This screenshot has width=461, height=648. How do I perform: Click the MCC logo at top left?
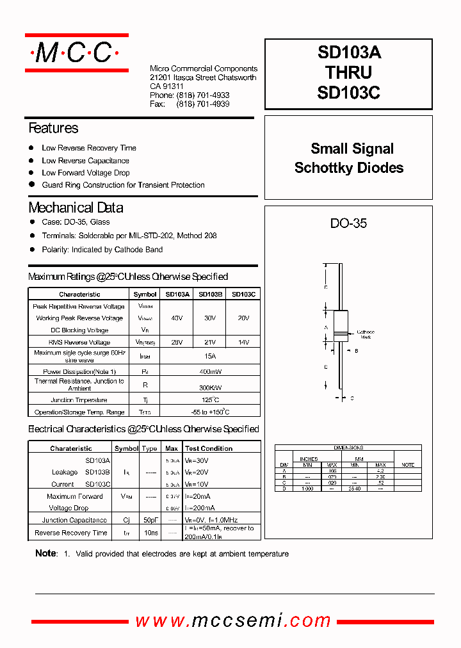[x=76, y=53]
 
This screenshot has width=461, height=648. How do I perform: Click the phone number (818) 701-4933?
[x=202, y=95]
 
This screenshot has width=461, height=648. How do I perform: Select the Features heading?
[x=53, y=128]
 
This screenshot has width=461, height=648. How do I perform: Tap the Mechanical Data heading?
[x=76, y=207]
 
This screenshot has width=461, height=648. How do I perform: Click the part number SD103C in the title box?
[x=348, y=93]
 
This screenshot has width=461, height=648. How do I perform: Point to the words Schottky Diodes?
[x=349, y=168]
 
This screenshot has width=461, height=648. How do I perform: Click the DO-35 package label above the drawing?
[x=348, y=223]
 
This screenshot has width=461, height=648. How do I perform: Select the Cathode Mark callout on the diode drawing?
[x=365, y=334]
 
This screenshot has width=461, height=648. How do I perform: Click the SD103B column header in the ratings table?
[x=210, y=295]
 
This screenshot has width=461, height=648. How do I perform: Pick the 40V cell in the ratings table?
[x=177, y=318]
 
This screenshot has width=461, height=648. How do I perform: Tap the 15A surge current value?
[x=210, y=356]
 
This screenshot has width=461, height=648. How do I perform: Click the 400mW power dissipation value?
[x=210, y=372]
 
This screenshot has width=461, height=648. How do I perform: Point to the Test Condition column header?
[x=209, y=449]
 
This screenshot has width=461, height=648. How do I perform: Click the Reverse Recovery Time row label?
[x=71, y=533]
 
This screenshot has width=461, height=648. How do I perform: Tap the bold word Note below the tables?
[x=45, y=553]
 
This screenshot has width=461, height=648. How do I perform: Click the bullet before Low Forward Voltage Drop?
[x=31, y=172]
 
